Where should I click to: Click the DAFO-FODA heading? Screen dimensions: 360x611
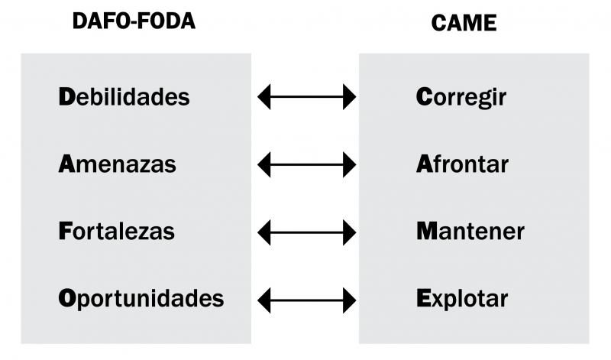pyautogui.click(x=134, y=21)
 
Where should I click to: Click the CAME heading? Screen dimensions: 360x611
pyautogui.click(x=464, y=23)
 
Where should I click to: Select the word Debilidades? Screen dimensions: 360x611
pyautogui.click(x=124, y=97)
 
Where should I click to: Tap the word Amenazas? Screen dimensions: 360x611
pyautogui.click(x=118, y=164)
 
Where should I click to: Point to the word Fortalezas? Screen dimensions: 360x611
pyautogui.click(x=117, y=231)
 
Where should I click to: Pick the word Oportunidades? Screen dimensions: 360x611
pyautogui.click(x=141, y=298)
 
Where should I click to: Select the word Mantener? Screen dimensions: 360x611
pyautogui.click(x=470, y=231)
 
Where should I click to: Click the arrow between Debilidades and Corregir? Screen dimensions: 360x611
pyautogui.click(x=307, y=97)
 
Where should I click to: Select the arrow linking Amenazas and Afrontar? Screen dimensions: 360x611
pyautogui.click(x=307, y=164)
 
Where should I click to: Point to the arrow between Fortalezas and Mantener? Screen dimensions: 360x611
pyautogui.click(x=307, y=232)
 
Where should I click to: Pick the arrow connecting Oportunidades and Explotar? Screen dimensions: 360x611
pyautogui.click(x=307, y=299)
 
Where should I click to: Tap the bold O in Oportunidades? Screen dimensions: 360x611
pyautogui.click(x=67, y=297)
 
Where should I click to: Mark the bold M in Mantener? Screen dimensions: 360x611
pyautogui.click(x=426, y=231)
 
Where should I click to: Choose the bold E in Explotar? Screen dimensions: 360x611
pyautogui.click(x=423, y=297)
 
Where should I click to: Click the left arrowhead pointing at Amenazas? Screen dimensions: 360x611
pyautogui.click(x=265, y=164)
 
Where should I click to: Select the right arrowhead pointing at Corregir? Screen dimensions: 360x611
pyautogui.click(x=350, y=97)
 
